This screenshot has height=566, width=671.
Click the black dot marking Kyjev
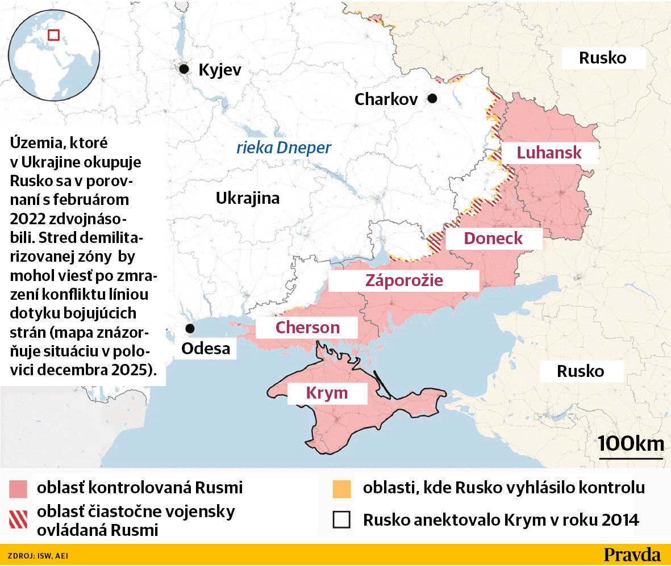coord(184,69)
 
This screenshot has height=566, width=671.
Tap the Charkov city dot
coord(432,98)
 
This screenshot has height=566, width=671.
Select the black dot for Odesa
coord(190,329)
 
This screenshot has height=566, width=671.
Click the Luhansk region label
coord(549,152)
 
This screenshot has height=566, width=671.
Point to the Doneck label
coord(493,238)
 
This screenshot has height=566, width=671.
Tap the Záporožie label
coord(404,280)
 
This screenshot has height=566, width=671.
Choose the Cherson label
coord(307,327)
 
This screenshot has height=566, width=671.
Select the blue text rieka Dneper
coord(284,148)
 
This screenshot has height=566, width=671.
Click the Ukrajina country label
coord(247,198)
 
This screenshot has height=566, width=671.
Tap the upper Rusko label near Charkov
coord(602,57)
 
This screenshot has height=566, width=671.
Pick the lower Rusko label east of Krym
coord(580,371)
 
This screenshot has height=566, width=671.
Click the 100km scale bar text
coord(631,443)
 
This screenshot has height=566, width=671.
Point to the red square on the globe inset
coord(53,35)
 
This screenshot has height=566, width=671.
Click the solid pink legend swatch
coord(18,488)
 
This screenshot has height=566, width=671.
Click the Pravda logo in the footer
coord(632,555)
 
